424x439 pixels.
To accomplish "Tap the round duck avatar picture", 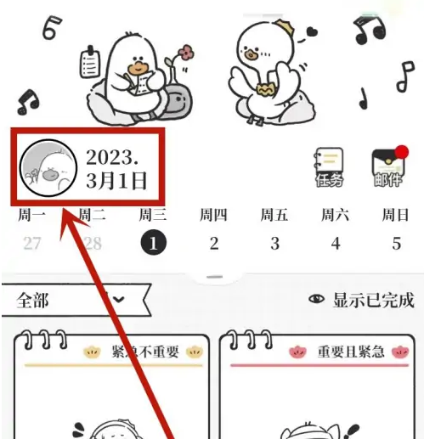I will pyautogui.click(x=43, y=168).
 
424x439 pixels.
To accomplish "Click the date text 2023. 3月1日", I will pyautogui.click(x=116, y=168).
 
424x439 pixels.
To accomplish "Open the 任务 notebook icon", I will pyautogui.click(x=329, y=167).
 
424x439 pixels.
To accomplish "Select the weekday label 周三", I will pyautogui.click(x=153, y=215).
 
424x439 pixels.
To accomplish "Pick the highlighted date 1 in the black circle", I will pyautogui.click(x=154, y=244).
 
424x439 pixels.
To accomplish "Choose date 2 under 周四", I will pyautogui.click(x=214, y=244).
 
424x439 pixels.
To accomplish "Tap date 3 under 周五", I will pyautogui.click(x=274, y=244).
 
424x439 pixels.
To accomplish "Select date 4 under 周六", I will pyautogui.click(x=336, y=244).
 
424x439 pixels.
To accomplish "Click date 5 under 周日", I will pyautogui.click(x=396, y=244).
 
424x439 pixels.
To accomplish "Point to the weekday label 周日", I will pyautogui.click(x=396, y=215).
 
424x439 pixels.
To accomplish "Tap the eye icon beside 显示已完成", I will pyautogui.click(x=317, y=300).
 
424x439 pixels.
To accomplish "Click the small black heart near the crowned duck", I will pyautogui.click(x=312, y=31).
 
